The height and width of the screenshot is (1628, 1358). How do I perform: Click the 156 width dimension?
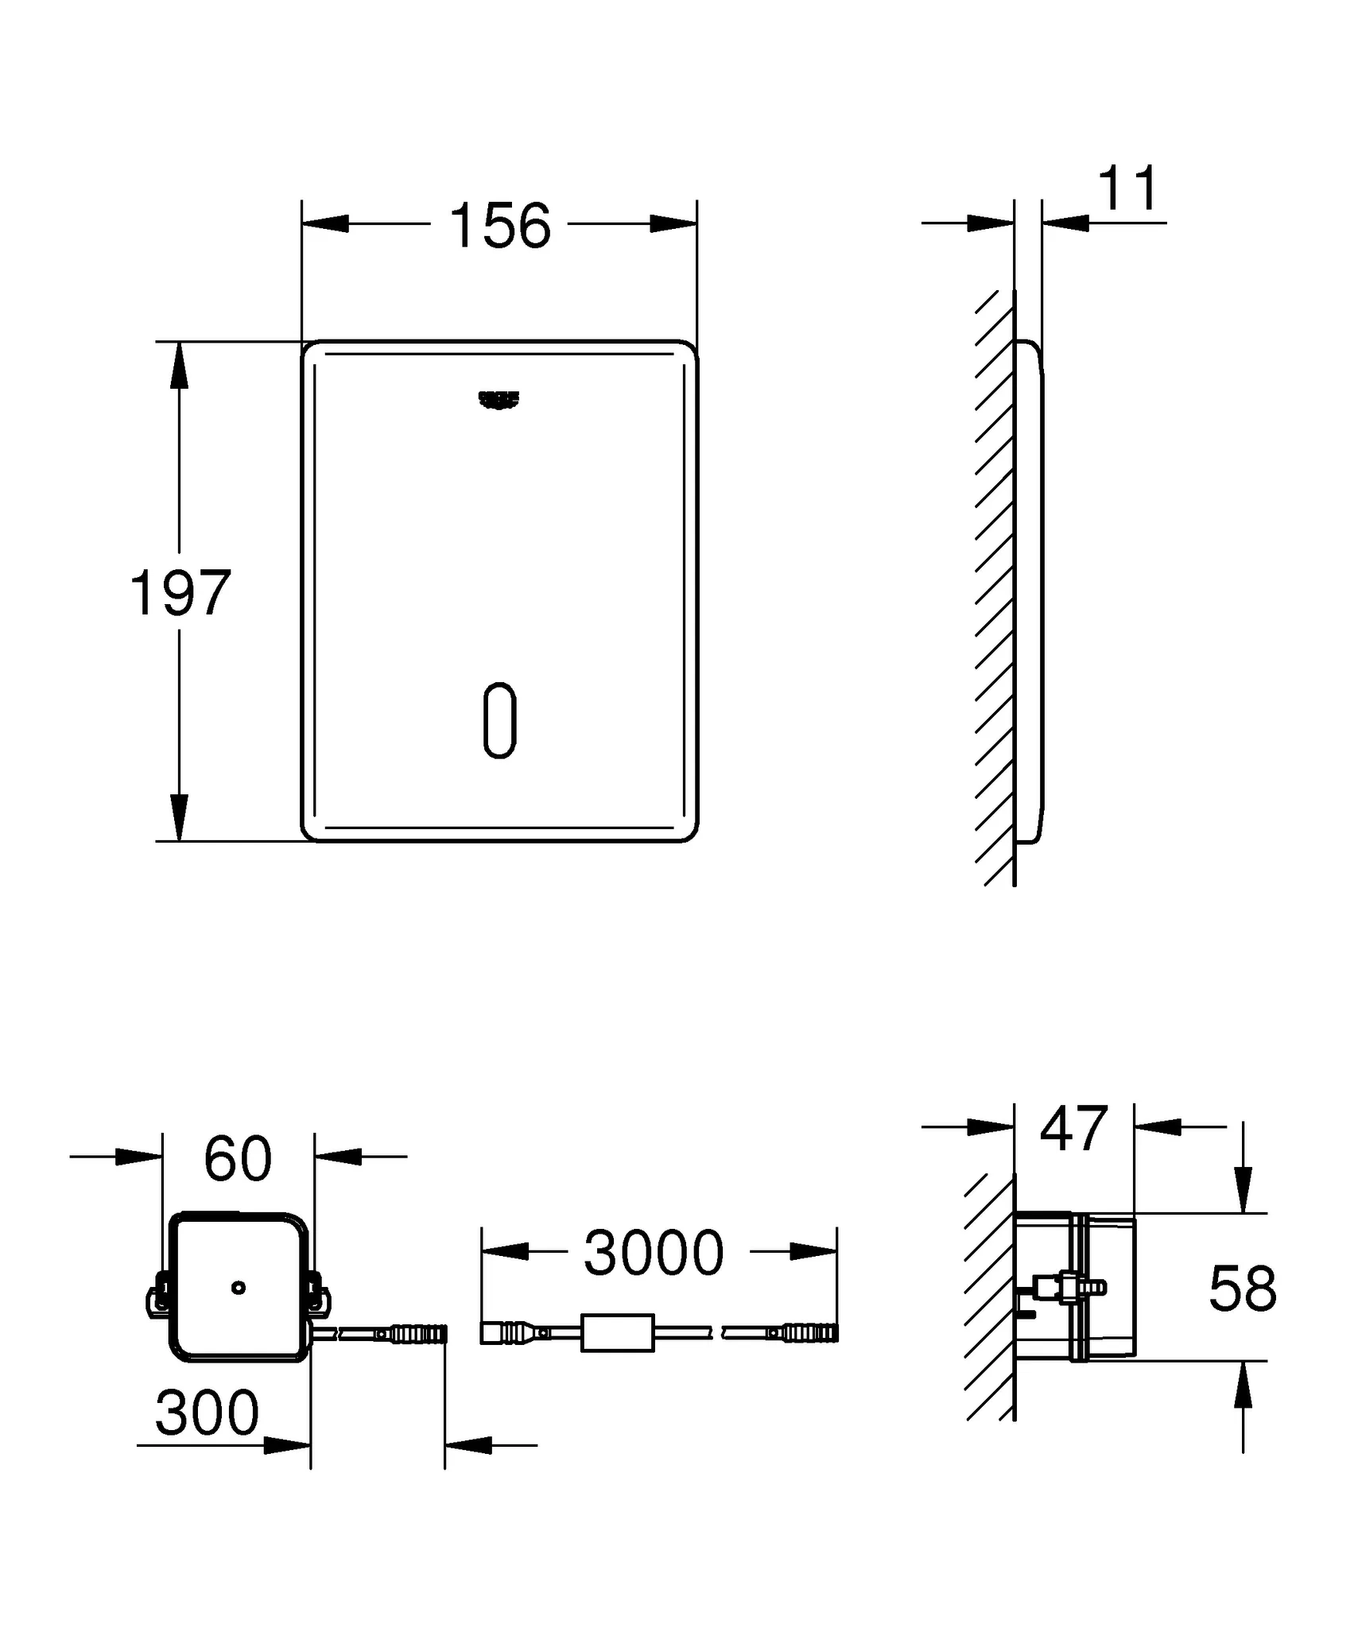[x=499, y=226]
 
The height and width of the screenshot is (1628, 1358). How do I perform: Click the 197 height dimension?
[x=180, y=593]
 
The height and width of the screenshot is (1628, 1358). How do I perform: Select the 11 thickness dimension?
[x=1129, y=189]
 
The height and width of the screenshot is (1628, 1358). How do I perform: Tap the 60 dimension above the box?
[x=238, y=1160]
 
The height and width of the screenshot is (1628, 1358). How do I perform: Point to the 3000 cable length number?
[x=654, y=1254]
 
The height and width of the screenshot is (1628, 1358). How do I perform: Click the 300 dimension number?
[x=207, y=1413]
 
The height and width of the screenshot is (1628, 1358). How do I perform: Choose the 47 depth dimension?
[x=1073, y=1129]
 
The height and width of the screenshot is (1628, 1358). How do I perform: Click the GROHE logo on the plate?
[x=499, y=401]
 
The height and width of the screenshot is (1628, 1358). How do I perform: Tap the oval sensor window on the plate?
[x=500, y=719]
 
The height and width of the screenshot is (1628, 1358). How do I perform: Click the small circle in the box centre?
[x=238, y=1288]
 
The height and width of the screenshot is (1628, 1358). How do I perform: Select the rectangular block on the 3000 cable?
[x=617, y=1333]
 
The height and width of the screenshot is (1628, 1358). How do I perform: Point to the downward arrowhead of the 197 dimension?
[x=180, y=817]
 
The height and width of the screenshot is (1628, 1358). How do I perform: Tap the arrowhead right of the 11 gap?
[x=1065, y=223]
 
